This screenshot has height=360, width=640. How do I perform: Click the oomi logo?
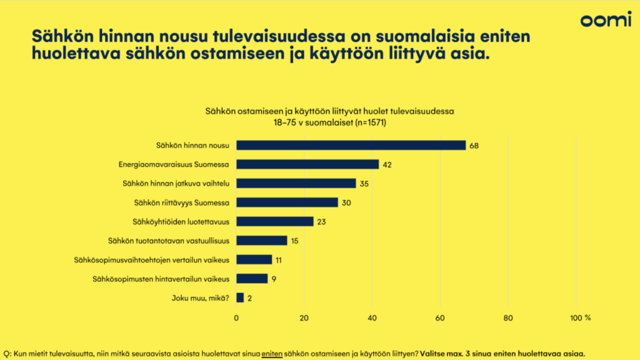coord(606,20)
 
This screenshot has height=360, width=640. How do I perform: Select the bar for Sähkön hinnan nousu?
coord(351,145)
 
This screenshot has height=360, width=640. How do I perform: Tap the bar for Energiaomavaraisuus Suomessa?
coord(307,164)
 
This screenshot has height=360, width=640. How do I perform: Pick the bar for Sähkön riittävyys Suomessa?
coord(287,202)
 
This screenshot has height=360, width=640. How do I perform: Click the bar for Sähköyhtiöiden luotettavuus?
coord(275,221)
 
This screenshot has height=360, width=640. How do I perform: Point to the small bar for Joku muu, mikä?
coord(240,298)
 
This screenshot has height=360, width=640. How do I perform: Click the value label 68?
coord(474,146)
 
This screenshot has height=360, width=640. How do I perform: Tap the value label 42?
coord(387,164)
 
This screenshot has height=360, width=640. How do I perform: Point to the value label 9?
coord(274,279)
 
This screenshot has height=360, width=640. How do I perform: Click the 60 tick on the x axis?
coord(440,318)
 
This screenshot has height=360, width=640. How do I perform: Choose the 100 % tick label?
coord(581,318)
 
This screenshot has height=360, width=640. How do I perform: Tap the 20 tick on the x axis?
coord(304,318)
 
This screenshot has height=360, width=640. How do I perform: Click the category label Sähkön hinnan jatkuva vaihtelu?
coord(177,184)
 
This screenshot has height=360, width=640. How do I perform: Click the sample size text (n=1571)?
coord(369,122)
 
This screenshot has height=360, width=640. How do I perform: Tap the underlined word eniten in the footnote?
coord(272,353)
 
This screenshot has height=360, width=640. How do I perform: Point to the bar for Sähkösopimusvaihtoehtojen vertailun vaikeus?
coord(254,260)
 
